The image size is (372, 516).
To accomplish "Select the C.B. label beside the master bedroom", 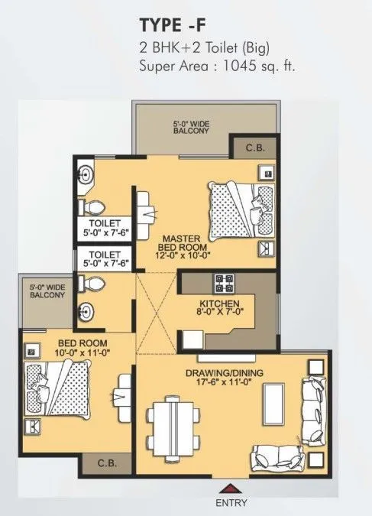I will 255,148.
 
